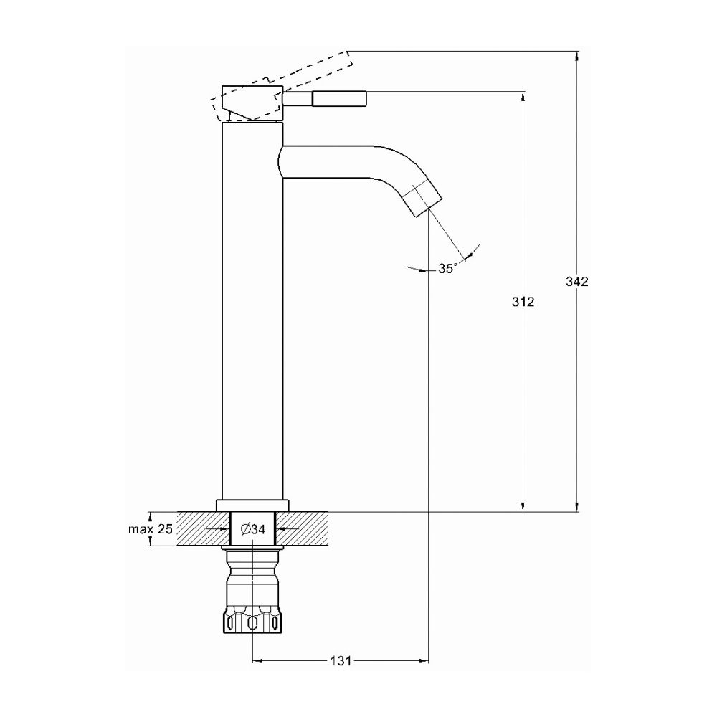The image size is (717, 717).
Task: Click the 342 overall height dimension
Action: coord(576,282)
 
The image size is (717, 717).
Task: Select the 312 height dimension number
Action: coord(523,302)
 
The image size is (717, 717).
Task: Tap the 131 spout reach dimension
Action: coord(341,660)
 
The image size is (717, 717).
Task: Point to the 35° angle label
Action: coord(446,268)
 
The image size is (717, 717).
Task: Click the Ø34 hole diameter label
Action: coord(253,529)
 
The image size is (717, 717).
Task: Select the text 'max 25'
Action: coord(150,529)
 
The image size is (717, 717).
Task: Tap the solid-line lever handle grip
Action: coord(339,98)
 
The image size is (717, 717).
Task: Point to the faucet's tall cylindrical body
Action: coord(252,311)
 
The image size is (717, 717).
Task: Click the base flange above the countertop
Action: coord(252,505)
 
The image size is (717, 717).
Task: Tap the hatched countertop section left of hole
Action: coord(203,528)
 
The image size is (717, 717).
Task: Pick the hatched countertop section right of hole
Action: coord(301,528)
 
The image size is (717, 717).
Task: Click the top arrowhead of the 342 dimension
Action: coord(576,55)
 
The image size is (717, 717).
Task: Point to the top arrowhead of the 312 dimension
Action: coord(523,96)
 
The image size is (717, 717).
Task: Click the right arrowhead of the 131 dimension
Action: coord(424,660)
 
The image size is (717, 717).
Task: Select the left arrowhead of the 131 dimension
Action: coord(258,660)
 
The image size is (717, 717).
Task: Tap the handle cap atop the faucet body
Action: coord(252,103)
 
